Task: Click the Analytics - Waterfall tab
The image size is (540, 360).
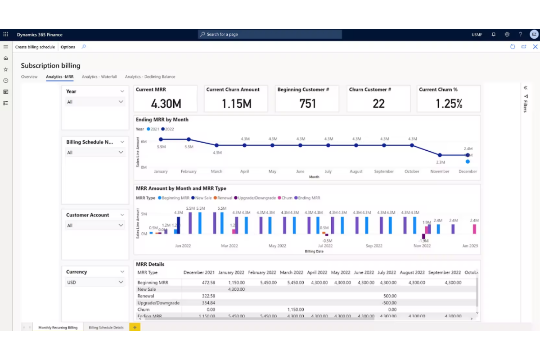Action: (99, 77)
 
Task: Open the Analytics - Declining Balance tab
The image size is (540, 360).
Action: (150, 77)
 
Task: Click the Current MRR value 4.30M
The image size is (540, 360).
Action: (166, 104)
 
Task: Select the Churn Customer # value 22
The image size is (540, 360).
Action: (378, 104)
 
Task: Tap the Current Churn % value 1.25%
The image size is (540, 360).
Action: (449, 104)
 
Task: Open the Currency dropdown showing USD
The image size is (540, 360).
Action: (95, 282)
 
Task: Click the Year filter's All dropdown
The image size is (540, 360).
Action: (95, 102)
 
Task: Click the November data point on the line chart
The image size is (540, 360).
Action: (440, 155)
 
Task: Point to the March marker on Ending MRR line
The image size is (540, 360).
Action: (216, 145)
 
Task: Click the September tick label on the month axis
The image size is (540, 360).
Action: (384, 171)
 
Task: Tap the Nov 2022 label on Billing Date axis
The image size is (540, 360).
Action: (422, 246)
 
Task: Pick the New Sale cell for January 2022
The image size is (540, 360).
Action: (236, 289)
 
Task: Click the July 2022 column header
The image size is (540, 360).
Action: (386, 272)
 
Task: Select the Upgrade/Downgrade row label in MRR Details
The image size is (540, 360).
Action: (158, 303)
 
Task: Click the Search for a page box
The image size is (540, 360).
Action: (270, 34)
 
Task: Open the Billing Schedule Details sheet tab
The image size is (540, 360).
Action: (106, 328)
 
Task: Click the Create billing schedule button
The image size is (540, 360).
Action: (35, 47)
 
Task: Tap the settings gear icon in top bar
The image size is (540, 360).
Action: (507, 34)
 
